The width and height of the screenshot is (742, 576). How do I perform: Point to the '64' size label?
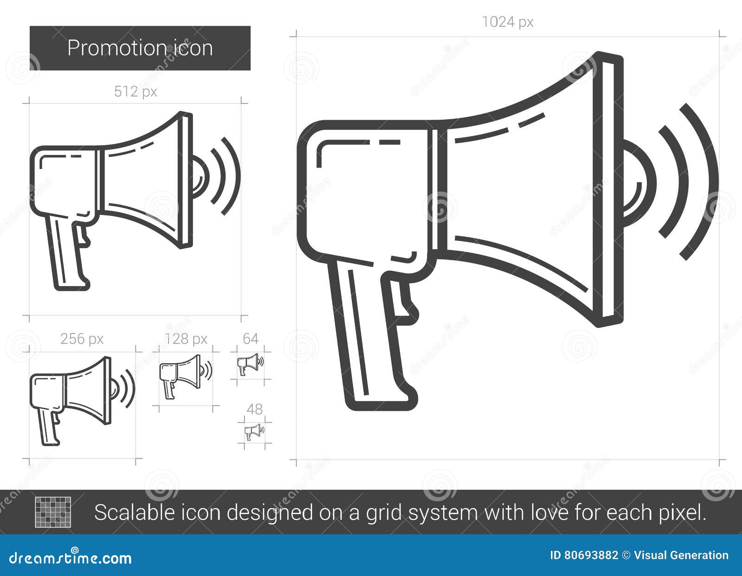tap(250, 339)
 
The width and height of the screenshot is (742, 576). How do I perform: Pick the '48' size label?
tap(255, 409)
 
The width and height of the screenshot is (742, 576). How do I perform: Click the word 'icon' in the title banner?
tap(193, 48)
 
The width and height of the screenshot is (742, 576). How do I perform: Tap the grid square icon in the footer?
tap(53, 512)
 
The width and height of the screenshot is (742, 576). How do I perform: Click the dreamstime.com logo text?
tap(70, 558)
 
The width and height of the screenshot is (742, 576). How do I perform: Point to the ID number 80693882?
tap(591, 555)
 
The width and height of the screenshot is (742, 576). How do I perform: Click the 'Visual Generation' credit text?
tap(681, 555)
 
